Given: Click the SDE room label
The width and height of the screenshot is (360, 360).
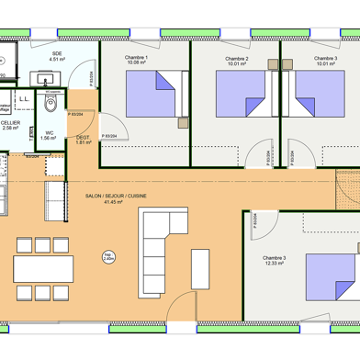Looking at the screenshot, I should point(57,54).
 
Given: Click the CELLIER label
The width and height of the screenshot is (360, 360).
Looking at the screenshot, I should point(10,122).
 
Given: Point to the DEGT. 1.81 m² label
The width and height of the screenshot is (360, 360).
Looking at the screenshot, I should point(84,140).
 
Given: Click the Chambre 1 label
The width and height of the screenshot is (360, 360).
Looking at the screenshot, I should point(136,59).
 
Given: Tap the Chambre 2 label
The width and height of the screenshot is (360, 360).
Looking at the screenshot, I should point(237,59).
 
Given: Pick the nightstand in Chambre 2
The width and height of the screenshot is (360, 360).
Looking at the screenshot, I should point(273,62).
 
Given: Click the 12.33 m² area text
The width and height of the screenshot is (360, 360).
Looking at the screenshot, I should point(274,264).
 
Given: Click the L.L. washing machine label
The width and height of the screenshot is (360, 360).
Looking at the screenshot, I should point(25,96).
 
